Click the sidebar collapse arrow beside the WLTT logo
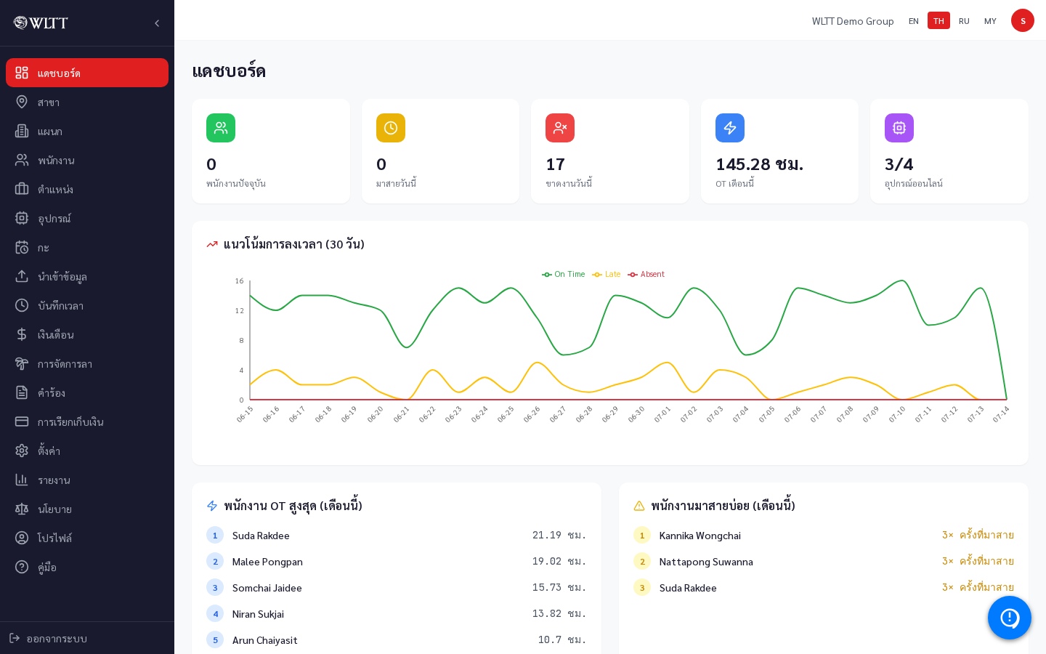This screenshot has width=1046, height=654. click(x=157, y=23)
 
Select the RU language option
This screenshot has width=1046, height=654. click(x=964, y=21)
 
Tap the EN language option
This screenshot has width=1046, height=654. click(x=913, y=21)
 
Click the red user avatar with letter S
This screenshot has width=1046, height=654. click(x=1022, y=20)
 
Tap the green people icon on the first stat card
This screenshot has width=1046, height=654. click(x=221, y=128)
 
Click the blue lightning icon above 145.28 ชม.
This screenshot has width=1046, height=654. click(x=730, y=128)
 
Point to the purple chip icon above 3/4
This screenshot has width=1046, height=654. click(x=899, y=128)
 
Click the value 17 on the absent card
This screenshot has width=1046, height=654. click(x=555, y=164)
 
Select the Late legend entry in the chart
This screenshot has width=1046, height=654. click(x=606, y=274)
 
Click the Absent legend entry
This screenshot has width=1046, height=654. click(x=646, y=274)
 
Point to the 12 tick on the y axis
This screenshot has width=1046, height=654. click(x=239, y=311)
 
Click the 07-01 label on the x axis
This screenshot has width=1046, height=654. click(x=662, y=414)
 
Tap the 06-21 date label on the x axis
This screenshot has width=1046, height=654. click(x=401, y=414)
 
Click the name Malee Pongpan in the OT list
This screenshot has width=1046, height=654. click(x=267, y=562)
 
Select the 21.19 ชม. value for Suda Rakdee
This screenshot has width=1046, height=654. click(x=559, y=535)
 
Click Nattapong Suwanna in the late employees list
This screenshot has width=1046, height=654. click(x=706, y=562)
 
